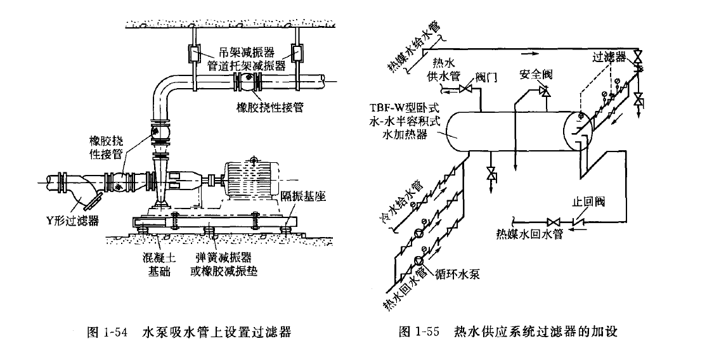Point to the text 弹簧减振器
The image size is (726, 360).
[x=224, y=258]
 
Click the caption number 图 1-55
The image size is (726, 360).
[x=419, y=331]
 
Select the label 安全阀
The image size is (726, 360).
[x=536, y=74]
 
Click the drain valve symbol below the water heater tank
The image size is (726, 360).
[x=490, y=174]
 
